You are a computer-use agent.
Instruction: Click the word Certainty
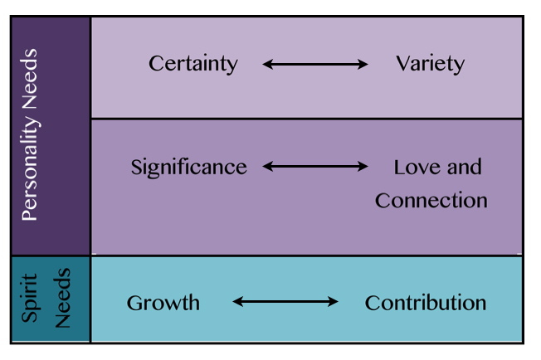[x=193, y=64]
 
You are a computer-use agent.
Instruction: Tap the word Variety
[x=430, y=64]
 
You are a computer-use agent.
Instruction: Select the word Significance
[x=188, y=167]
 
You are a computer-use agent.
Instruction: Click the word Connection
[x=431, y=200]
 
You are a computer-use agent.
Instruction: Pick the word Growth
[x=163, y=303]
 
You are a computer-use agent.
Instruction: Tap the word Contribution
[x=425, y=303]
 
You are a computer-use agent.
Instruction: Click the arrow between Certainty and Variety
[x=315, y=64]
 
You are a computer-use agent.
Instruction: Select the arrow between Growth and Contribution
[x=285, y=302]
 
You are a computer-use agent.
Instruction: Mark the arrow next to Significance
[x=315, y=167]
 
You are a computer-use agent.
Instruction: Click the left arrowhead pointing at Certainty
[x=267, y=64]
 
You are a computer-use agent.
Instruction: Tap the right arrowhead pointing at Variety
[x=363, y=64]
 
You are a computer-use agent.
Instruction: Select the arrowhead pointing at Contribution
[x=334, y=302]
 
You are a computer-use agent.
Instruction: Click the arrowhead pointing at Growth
[x=237, y=302]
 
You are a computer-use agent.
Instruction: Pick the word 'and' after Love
[x=463, y=167]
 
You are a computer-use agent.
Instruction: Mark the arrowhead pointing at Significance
[x=267, y=167]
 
